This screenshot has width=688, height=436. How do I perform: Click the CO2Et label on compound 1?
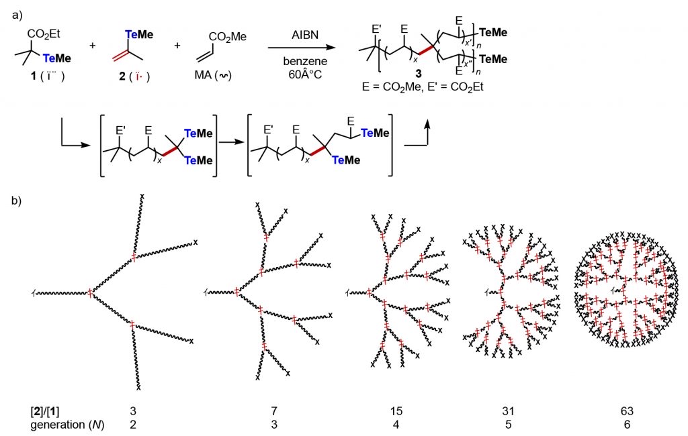click(41, 33)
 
